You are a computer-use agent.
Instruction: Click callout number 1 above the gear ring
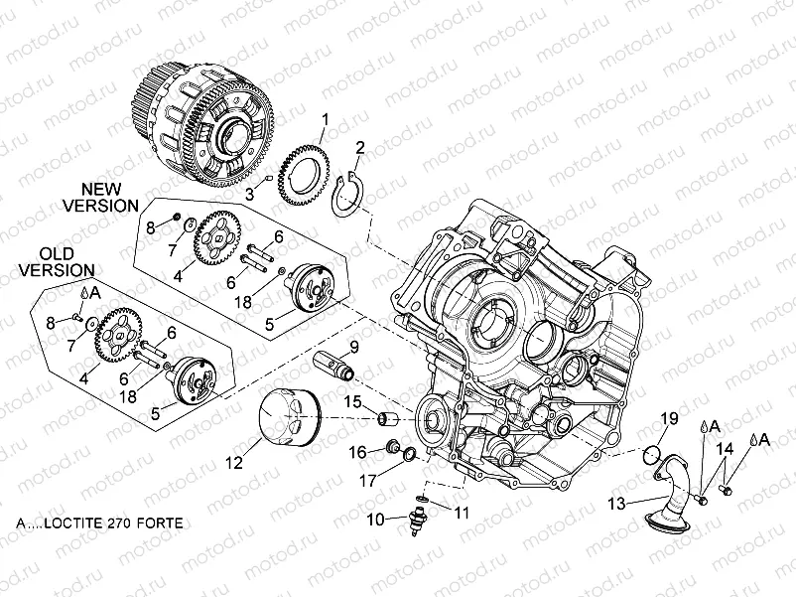click(x=323, y=122)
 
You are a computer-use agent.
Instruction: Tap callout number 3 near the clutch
click(x=250, y=196)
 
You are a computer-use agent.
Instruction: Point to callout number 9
click(x=352, y=347)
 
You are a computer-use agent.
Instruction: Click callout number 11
click(x=460, y=512)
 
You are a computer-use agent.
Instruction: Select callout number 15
click(x=351, y=401)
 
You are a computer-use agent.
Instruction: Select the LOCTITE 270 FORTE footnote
click(x=100, y=522)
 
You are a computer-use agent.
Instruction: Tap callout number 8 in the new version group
click(x=151, y=227)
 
